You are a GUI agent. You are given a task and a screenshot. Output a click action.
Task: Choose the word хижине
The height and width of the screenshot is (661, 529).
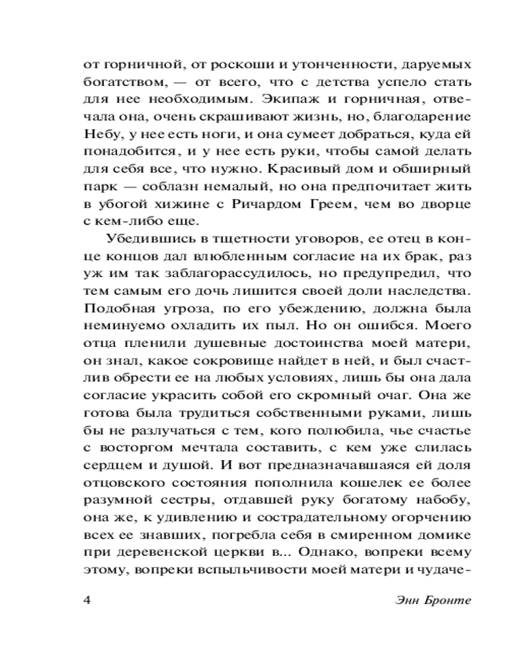(x=175, y=204)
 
